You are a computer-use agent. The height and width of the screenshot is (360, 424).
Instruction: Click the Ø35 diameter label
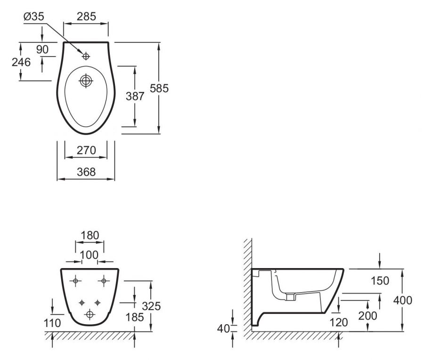tap(33, 16)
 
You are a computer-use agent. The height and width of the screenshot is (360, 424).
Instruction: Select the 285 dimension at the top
tap(86, 16)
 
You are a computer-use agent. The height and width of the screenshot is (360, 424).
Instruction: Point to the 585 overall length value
tap(159, 89)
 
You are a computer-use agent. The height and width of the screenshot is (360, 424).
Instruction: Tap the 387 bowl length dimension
tap(135, 96)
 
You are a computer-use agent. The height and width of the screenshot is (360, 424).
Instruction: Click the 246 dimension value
tap(21, 63)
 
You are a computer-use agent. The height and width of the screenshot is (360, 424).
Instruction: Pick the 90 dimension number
tap(42, 50)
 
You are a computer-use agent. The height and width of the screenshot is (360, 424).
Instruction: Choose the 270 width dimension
tap(86, 150)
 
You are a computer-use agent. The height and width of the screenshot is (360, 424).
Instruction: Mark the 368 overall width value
tap(86, 172)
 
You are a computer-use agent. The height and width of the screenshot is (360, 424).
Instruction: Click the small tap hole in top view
tap(86, 57)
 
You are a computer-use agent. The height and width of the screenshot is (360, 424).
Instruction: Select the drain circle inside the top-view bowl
tap(86, 81)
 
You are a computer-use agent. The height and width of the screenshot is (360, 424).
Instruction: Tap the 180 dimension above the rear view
tap(90, 235)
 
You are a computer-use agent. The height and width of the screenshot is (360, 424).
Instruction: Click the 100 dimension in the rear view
tap(90, 255)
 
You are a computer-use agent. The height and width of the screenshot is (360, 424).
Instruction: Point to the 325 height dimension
tap(151, 306)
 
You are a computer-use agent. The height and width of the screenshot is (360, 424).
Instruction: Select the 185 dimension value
tap(135, 317)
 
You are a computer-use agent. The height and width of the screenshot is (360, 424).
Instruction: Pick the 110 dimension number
tap(52, 323)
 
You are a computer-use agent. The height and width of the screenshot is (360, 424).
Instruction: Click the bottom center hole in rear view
tap(89, 314)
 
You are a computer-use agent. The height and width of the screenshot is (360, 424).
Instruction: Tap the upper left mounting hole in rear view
tap(75, 281)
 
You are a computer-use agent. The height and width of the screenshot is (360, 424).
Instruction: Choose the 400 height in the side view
tap(403, 301)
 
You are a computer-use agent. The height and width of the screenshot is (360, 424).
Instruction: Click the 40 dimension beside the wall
tap(224, 329)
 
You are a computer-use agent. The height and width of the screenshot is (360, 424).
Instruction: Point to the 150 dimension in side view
tap(380, 281)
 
